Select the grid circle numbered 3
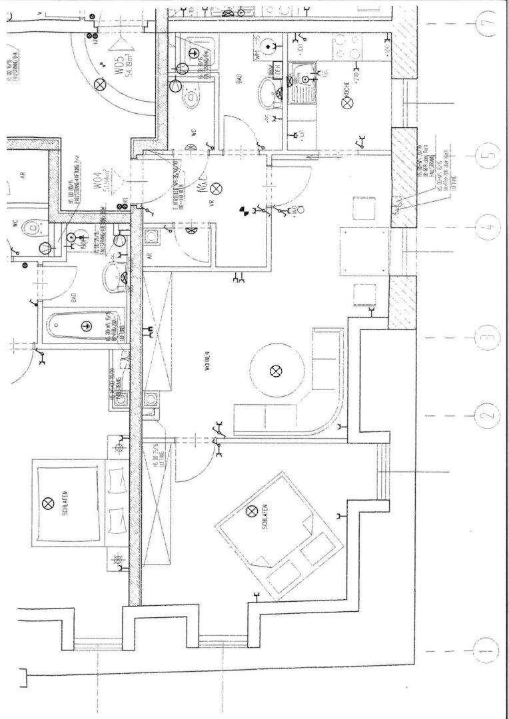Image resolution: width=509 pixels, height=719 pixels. [490, 340]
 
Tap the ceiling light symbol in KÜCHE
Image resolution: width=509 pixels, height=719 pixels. [346, 103]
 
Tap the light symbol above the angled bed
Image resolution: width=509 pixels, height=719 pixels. [252, 511]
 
